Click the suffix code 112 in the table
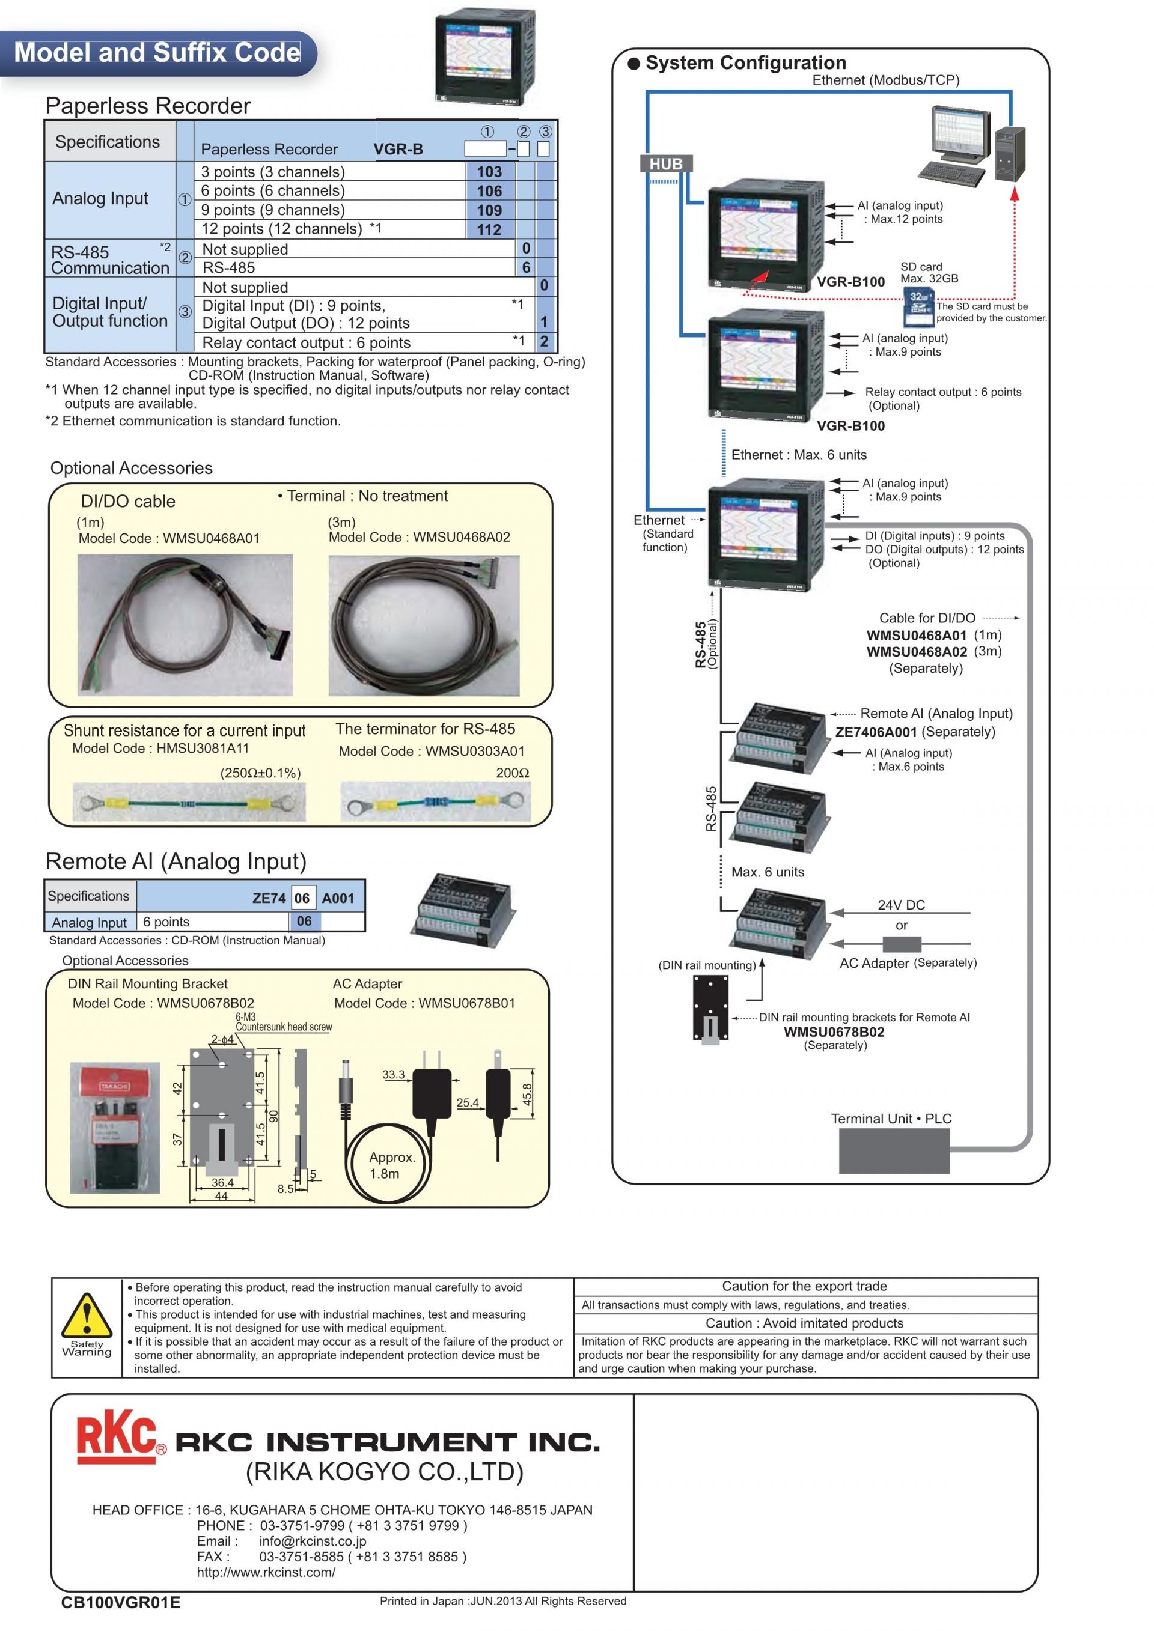coord(489,229)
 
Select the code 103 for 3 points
coord(489,172)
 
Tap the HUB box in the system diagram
coord(666,164)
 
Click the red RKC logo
coord(117,1437)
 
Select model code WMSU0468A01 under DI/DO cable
coord(211,538)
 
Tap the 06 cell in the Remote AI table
coord(304,921)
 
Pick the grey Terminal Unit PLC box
coord(894,1150)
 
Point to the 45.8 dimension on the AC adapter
coord(527,1095)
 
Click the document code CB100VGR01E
coord(121,1602)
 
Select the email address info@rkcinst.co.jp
coord(313,1541)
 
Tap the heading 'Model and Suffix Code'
coord(157,53)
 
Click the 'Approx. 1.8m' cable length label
coord(391,1165)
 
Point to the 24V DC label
coord(901,904)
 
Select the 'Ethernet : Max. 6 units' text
coord(799,455)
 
